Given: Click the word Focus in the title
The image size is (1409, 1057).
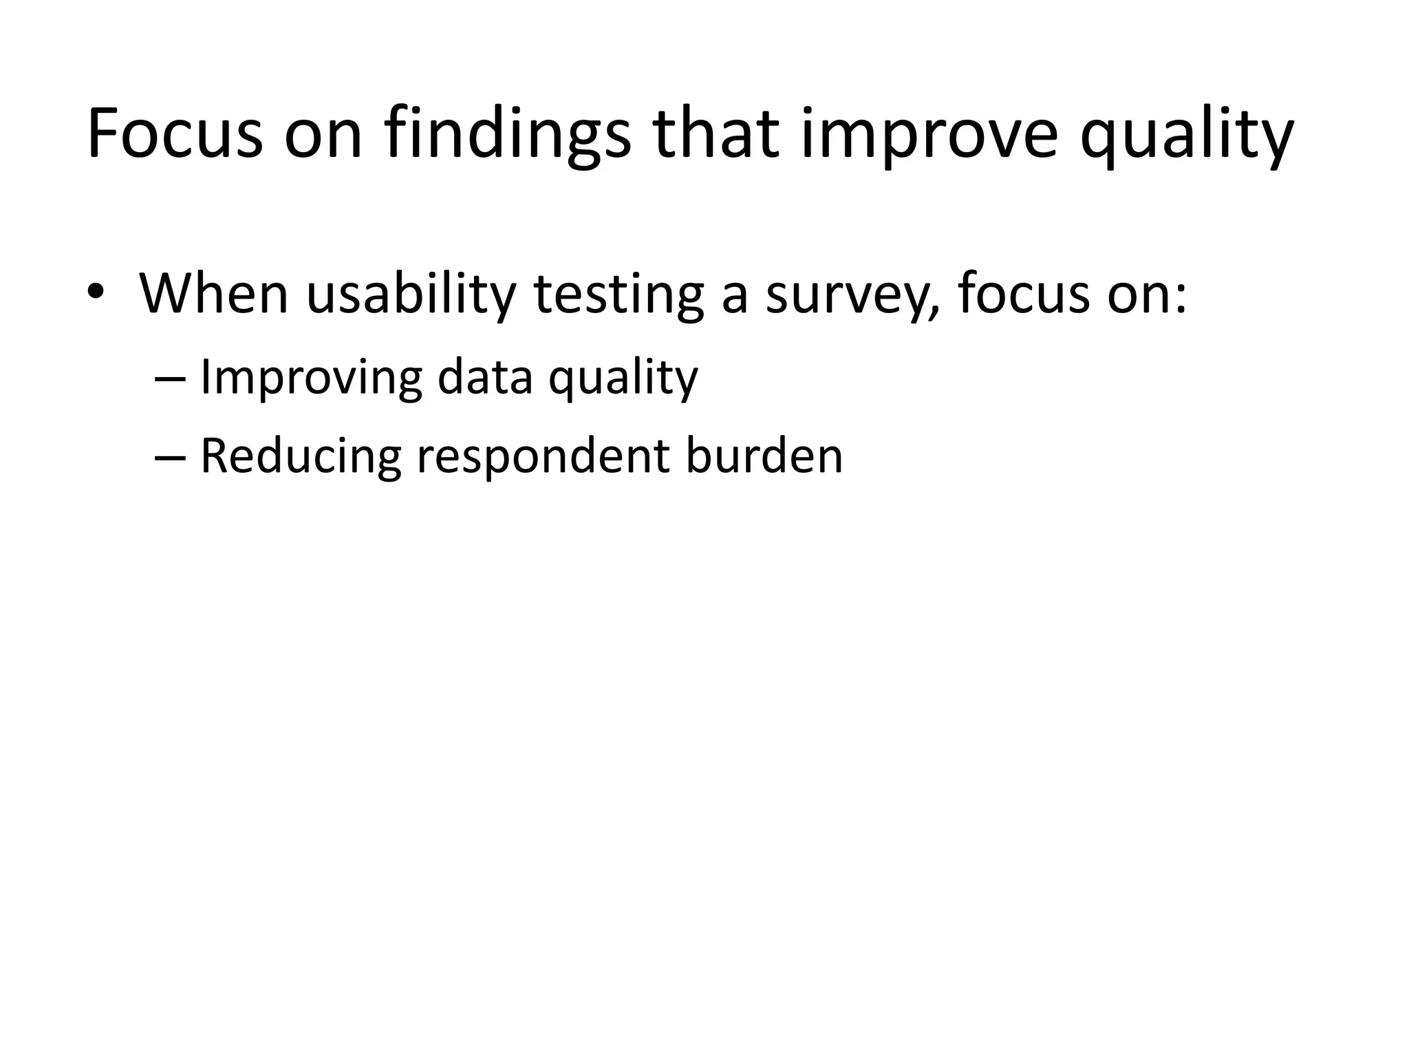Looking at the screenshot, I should pyautogui.click(x=175, y=134).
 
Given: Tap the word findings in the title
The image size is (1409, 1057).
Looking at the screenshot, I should pyautogui.click(x=507, y=134).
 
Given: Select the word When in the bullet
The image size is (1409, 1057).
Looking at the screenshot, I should pyautogui.click(x=213, y=295).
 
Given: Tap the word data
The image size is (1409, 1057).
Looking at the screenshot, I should pyautogui.click(x=485, y=378).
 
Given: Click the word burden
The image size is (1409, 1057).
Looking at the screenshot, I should pyautogui.click(x=764, y=456).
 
